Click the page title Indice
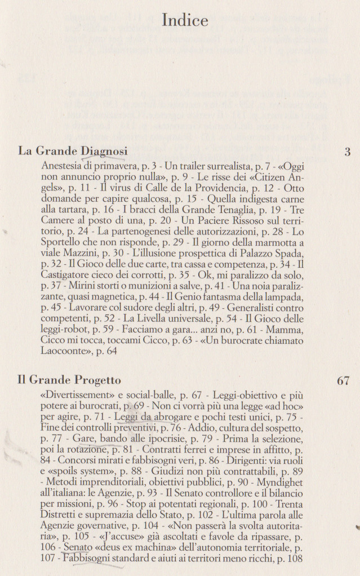pos(185,20)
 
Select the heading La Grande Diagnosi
pos(73,152)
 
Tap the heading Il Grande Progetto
pos(69,380)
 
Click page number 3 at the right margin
pos(347,152)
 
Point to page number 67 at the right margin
pos(344,380)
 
